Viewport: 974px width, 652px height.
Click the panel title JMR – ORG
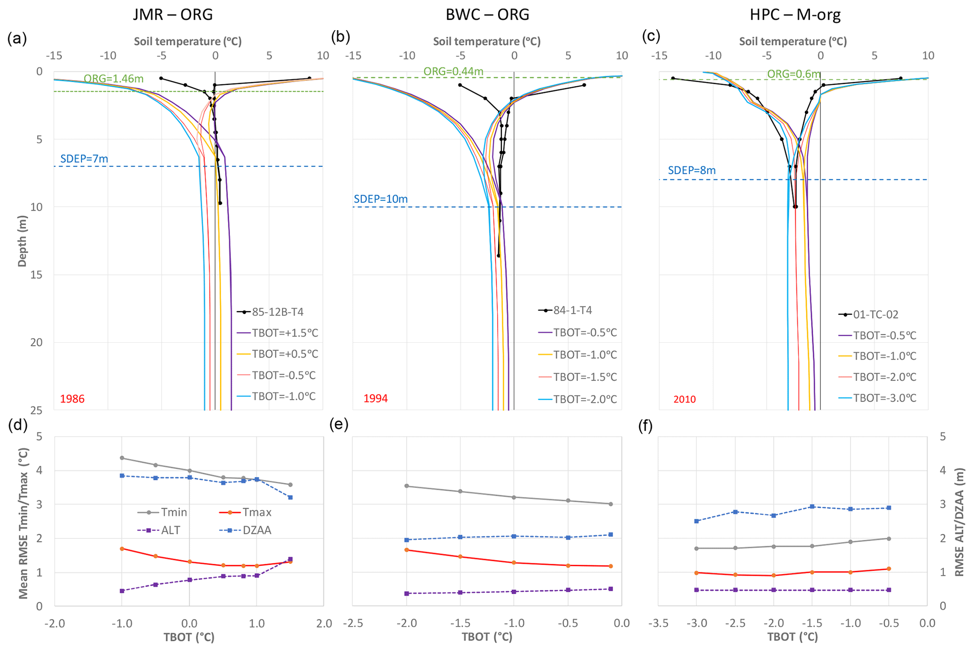(x=172, y=15)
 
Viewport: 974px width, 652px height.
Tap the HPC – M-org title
(x=795, y=15)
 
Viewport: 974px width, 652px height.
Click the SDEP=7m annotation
(x=84, y=159)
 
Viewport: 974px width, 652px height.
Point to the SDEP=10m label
(x=381, y=199)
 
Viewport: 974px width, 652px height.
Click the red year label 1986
(x=72, y=399)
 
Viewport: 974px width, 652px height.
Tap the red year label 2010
(x=684, y=399)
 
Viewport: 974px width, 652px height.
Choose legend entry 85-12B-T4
(x=277, y=312)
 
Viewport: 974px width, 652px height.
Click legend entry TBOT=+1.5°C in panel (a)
(x=285, y=333)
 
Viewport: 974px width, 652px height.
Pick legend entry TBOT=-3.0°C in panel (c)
(x=884, y=398)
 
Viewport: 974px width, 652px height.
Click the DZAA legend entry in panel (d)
(x=257, y=530)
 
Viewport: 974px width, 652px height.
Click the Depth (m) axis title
(x=22, y=241)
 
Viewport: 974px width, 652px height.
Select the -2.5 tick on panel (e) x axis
(x=352, y=623)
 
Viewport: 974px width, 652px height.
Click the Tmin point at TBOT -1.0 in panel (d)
(x=122, y=458)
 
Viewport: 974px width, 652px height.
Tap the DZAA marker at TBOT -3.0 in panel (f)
(x=696, y=521)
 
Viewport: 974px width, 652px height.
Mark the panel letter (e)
(x=340, y=425)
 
